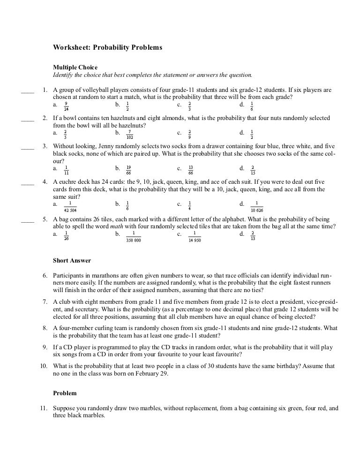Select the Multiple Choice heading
tap(75, 68)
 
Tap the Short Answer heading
tap(72, 261)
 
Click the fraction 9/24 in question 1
tap(66, 106)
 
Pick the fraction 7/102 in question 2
tap(130, 135)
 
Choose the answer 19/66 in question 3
tap(128, 170)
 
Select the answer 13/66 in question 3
tap(191, 170)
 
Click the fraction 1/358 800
tap(134, 236)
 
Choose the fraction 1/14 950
tap(195, 236)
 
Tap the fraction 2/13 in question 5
tap(253, 235)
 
